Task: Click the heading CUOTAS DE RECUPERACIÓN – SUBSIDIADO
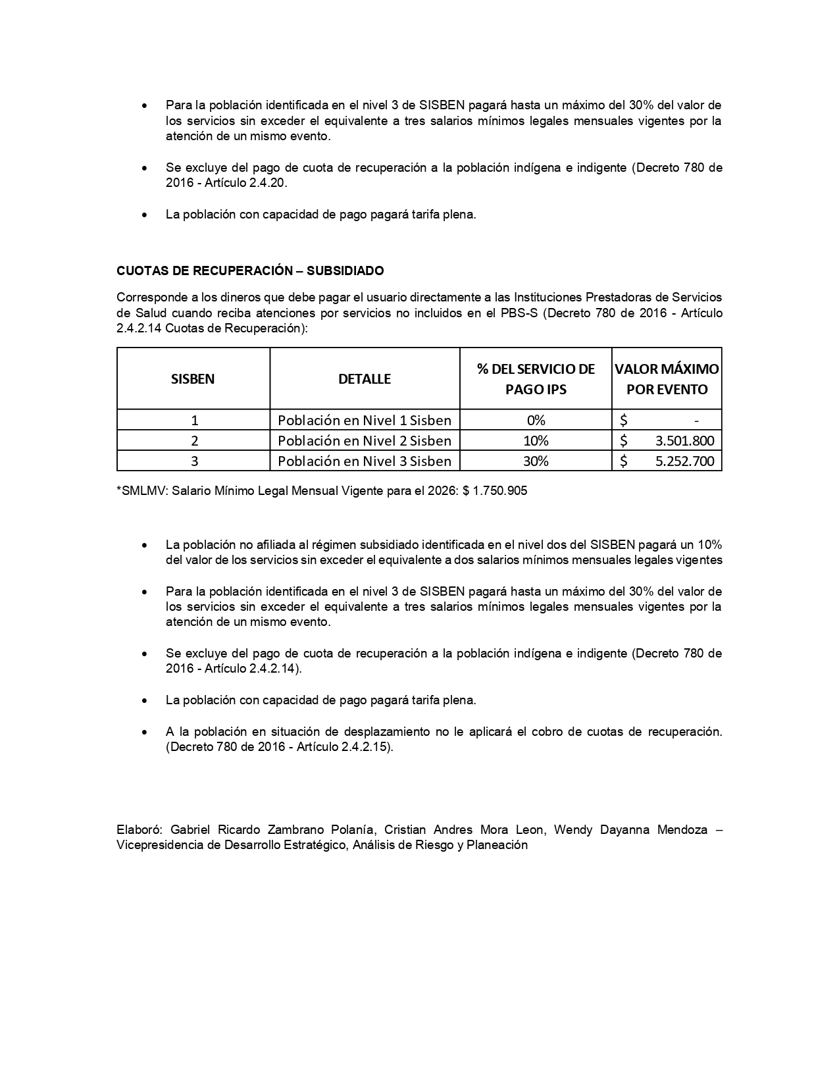point(250,271)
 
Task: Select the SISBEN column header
point(193,378)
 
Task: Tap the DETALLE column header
point(365,378)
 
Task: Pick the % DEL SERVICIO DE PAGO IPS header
point(536,378)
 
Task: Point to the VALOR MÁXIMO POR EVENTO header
point(667,378)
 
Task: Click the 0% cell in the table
point(536,420)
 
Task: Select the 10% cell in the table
point(536,440)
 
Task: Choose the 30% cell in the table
point(536,461)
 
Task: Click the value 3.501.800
point(684,440)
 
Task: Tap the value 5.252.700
point(684,461)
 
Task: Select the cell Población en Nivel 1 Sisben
point(365,420)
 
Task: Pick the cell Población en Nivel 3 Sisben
point(365,461)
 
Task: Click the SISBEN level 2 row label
point(194,440)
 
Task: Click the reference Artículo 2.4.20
point(245,183)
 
